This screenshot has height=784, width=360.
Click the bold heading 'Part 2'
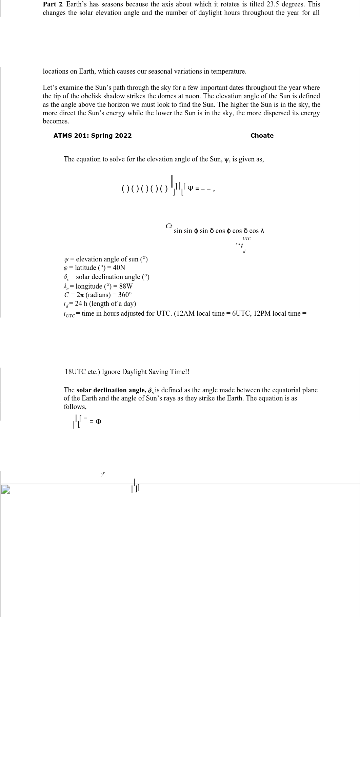[x=53, y=4]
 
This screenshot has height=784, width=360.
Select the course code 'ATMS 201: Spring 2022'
[x=93, y=136]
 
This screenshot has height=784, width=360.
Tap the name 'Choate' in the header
[x=262, y=136]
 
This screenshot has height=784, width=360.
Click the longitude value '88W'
[x=126, y=286]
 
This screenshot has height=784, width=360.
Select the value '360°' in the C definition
[x=125, y=295]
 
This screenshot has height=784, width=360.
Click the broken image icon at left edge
[x=5, y=490]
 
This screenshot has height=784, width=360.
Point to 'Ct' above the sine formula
[x=169, y=226]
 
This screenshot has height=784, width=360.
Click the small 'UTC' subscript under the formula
[x=246, y=239]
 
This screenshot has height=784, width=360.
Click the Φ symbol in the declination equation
[x=98, y=422]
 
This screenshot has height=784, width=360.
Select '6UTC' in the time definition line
[x=240, y=313]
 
